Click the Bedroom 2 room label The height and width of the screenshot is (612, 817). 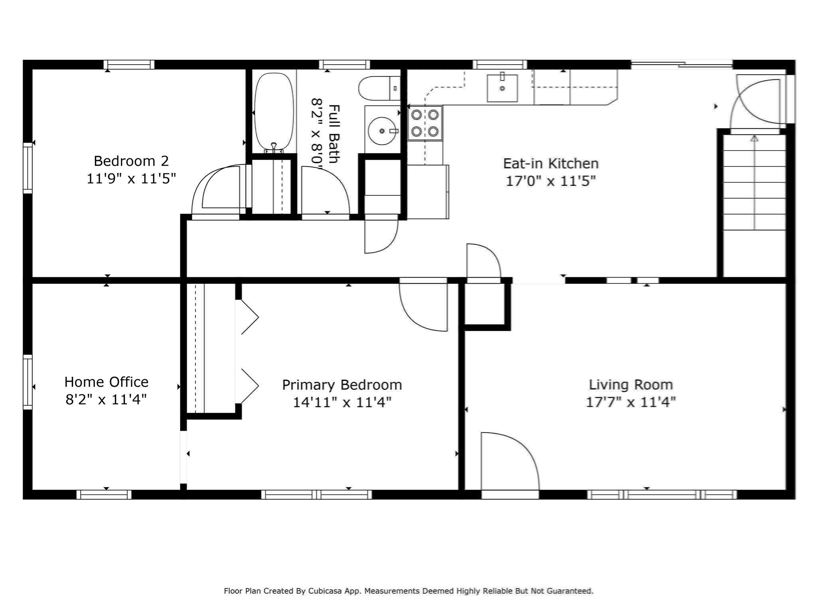[131, 161]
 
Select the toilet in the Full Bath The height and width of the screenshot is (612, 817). [379, 88]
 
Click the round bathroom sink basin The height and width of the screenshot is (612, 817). [382, 131]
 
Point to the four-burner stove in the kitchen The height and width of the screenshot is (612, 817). [424, 123]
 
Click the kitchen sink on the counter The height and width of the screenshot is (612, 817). [502, 88]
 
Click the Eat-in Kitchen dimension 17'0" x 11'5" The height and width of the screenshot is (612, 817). [551, 181]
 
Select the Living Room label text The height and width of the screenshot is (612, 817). [631, 384]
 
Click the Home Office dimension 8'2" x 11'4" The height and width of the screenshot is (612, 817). [106, 399]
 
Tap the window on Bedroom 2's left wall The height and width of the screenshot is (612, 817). [28, 168]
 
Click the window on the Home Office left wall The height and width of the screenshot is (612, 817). [28, 382]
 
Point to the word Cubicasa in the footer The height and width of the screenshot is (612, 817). [324, 591]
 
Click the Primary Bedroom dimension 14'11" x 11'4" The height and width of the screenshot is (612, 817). [342, 402]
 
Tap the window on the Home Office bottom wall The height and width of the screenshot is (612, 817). [104, 494]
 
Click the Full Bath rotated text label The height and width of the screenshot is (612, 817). [334, 133]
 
